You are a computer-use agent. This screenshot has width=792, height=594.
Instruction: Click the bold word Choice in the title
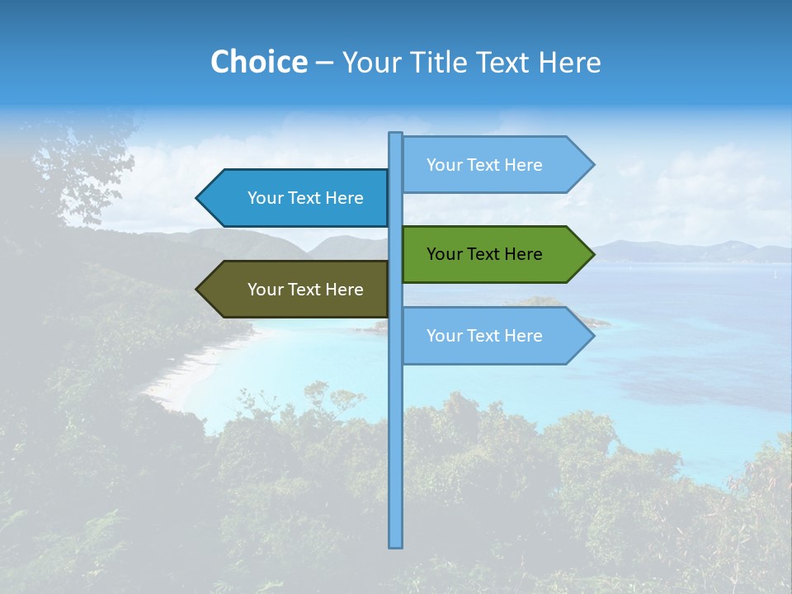tap(258, 62)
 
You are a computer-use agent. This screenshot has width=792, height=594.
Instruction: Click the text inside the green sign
tap(484, 254)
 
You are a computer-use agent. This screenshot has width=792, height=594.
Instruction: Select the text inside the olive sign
tap(305, 290)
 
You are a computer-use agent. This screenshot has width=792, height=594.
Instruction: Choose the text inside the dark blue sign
tap(305, 198)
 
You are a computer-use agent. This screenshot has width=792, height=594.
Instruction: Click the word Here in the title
tap(569, 62)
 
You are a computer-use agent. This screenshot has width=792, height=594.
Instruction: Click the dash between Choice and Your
tap(324, 63)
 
